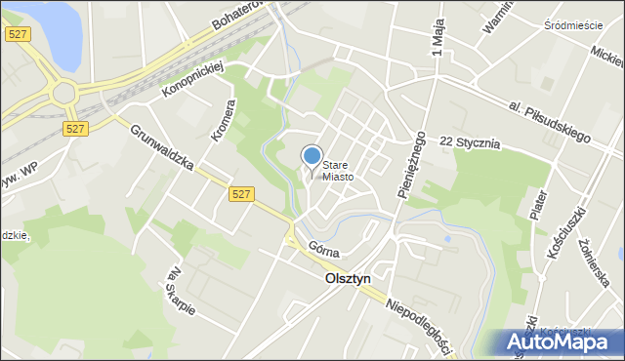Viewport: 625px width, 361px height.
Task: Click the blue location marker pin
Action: coord(312,155)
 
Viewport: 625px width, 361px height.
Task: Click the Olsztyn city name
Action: coord(347,278)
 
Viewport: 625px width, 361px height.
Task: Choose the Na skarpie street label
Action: coord(183,291)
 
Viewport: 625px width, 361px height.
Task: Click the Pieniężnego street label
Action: coord(411,165)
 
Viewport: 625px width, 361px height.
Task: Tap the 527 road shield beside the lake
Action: coord(17,34)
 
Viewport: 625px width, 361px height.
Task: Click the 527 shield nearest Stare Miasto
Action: coord(244,194)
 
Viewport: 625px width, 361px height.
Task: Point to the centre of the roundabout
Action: coord(64,95)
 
